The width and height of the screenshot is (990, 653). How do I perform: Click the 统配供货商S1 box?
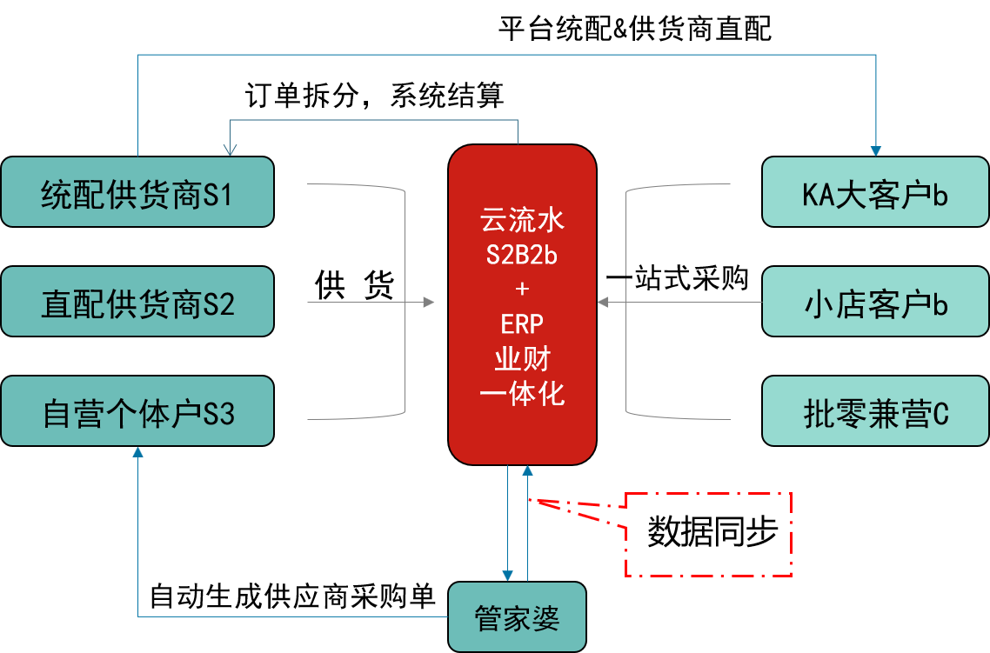137,192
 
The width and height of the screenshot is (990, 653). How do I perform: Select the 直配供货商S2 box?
137,302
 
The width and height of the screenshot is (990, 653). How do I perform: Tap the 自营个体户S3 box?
137,411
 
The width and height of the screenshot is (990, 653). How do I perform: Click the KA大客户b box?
875,192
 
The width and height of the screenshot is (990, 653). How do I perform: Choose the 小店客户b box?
875,302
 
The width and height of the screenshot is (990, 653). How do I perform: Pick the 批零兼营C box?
875,411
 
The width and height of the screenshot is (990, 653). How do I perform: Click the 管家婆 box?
517,616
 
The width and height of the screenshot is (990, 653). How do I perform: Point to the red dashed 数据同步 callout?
708,535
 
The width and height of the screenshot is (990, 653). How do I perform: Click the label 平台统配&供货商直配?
634,29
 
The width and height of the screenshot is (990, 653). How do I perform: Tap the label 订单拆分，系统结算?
374,96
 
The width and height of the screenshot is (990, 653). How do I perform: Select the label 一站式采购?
677,278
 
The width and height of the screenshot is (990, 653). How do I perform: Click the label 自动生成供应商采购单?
292,596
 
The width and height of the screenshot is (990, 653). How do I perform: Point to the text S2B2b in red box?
521,255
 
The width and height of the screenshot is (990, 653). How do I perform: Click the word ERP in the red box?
521,324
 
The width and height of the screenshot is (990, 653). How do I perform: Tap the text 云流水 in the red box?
521,220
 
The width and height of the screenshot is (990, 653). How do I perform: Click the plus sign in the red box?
521,290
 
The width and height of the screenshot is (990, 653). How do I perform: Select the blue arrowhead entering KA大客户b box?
876,151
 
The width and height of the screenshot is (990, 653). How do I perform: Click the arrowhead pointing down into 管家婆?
508,576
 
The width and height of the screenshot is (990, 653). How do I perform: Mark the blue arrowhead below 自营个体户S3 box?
137,452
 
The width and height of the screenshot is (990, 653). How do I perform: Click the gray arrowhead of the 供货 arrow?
429,303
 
